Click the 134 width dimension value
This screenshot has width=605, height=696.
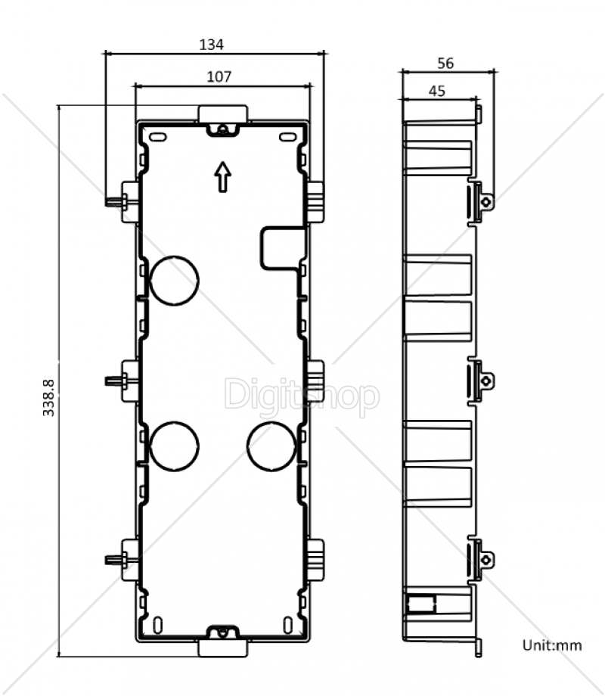[211, 45]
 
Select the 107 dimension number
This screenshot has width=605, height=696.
[219, 77]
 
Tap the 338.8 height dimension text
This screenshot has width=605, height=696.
[49, 398]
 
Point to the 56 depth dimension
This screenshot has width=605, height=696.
[445, 64]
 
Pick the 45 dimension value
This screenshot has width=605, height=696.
[437, 91]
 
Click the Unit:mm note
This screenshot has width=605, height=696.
[552, 645]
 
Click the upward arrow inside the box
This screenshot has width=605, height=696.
[223, 177]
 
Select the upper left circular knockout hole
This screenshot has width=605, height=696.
[174, 281]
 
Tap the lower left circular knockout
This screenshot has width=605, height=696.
[174, 446]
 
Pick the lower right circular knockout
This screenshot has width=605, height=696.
[271, 446]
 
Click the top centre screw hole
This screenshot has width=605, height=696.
[223, 129]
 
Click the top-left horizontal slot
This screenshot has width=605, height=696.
[157, 137]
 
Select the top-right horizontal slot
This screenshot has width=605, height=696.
[288, 137]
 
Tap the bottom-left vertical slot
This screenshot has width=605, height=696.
[157, 626]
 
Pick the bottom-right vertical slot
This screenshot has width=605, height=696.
[288, 626]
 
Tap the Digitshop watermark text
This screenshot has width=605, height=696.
[302, 395]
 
